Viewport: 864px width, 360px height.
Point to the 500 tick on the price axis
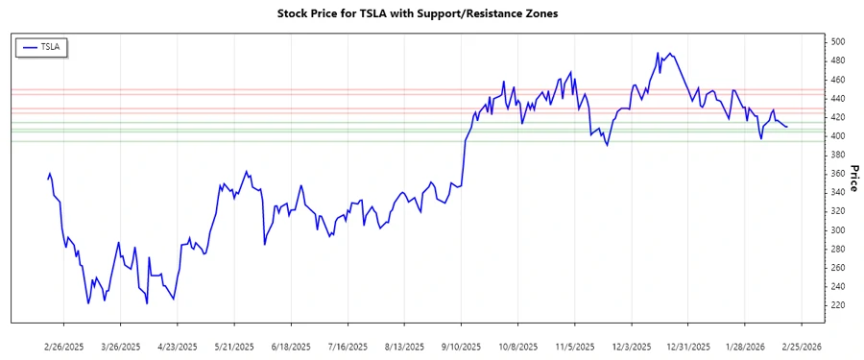(x=838, y=42)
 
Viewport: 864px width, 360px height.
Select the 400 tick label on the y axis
(x=838, y=136)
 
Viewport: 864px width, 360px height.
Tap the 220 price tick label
(x=838, y=305)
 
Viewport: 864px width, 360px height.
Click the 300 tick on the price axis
(x=838, y=230)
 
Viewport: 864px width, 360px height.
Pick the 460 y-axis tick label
(x=838, y=80)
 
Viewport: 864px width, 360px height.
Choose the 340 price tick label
(x=838, y=193)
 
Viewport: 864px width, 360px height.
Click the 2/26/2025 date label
(x=65, y=346)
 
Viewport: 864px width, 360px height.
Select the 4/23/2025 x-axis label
(x=178, y=346)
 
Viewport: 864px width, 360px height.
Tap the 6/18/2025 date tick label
(x=291, y=346)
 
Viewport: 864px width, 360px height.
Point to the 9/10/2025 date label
(x=461, y=346)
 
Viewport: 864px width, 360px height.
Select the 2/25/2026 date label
(x=801, y=346)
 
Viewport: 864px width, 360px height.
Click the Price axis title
(x=854, y=177)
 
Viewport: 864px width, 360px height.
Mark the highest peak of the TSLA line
(x=658, y=53)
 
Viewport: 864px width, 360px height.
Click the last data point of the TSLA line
(x=787, y=127)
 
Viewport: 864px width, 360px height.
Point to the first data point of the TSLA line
(x=48, y=179)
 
